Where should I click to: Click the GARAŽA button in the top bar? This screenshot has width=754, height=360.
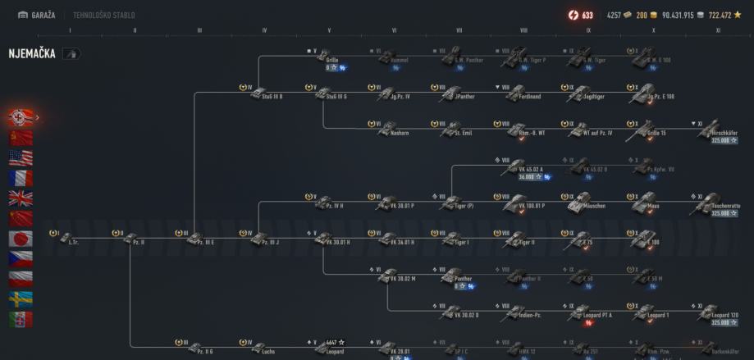(x=36, y=15)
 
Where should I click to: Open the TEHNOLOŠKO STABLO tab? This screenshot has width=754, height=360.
(x=104, y=15)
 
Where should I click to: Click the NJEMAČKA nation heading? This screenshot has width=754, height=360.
(x=32, y=53)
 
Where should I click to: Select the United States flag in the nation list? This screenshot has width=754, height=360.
(x=21, y=157)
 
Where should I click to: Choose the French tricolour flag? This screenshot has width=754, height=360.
(x=21, y=177)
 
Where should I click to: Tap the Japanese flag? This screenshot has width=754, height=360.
(x=21, y=239)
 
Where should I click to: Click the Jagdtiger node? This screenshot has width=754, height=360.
(x=581, y=92)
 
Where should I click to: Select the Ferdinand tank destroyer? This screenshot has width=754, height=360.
(x=515, y=92)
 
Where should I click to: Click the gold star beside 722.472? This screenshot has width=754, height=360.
(x=738, y=15)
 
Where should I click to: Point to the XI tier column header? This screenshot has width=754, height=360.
(x=719, y=30)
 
